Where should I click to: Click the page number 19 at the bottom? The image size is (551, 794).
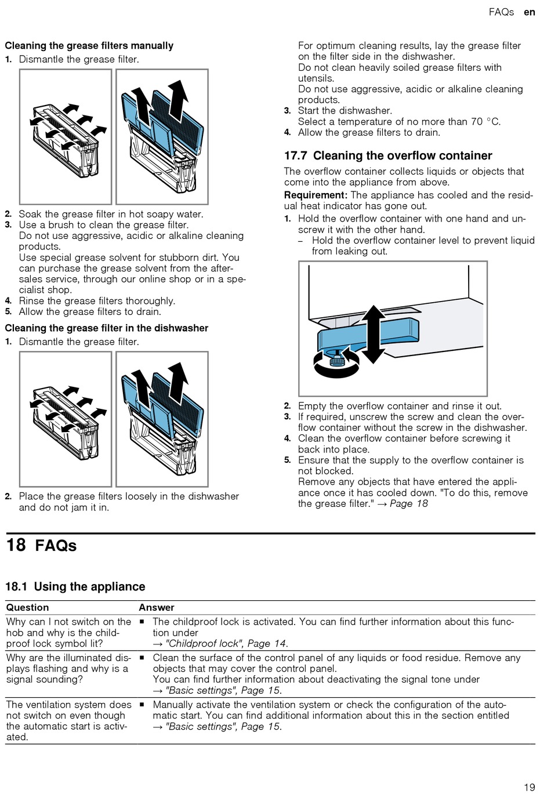click(529, 787)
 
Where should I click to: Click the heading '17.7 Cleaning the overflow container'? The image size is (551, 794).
click(388, 155)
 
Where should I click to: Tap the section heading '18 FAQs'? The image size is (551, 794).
click(41, 545)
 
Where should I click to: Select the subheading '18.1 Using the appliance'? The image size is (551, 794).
click(75, 586)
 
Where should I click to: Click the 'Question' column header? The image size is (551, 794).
click(27, 607)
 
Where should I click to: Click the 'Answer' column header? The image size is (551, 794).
click(157, 607)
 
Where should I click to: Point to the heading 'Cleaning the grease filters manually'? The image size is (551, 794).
click(89, 46)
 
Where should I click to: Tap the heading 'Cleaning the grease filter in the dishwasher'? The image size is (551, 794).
click(107, 328)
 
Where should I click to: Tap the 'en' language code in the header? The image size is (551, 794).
click(529, 12)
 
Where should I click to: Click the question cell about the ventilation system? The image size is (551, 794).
click(68, 721)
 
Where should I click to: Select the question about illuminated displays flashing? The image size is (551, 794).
click(68, 668)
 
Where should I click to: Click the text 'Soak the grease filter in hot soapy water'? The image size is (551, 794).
click(111, 214)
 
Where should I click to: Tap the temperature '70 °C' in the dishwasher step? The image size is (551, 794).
click(485, 122)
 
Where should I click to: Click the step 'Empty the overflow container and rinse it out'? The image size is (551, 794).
click(400, 406)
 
